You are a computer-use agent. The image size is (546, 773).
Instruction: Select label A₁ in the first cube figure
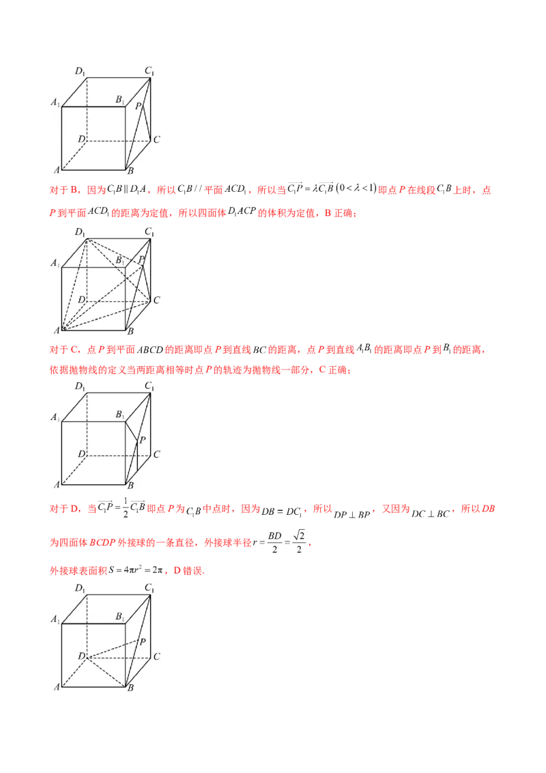(x=55, y=102)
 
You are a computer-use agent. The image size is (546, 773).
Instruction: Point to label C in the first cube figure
(x=156, y=140)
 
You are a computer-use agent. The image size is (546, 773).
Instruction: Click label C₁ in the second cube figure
(x=150, y=232)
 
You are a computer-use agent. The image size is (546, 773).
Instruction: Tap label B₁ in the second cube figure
(x=119, y=260)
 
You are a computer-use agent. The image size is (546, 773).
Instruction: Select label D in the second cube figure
(x=81, y=300)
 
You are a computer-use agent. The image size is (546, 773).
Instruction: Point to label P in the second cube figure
(x=141, y=260)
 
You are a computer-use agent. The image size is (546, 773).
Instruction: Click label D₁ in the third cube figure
(x=80, y=387)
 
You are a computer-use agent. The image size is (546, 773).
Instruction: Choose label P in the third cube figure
(x=142, y=440)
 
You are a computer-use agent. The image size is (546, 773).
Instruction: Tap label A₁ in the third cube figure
(x=55, y=417)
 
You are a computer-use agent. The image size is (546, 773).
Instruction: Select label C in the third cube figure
(x=156, y=454)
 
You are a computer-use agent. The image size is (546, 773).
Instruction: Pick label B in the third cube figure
(x=130, y=486)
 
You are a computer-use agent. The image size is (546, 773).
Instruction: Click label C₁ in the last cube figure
(x=150, y=589)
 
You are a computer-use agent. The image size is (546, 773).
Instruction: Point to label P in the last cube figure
(x=142, y=642)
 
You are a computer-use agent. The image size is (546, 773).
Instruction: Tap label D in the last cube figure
(x=81, y=656)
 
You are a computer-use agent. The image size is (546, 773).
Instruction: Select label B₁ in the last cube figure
(x=119, y=617)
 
